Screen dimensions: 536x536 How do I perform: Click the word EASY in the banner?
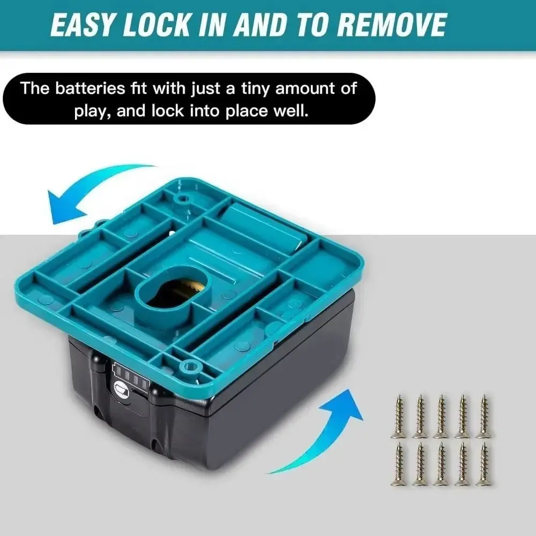point(83,25)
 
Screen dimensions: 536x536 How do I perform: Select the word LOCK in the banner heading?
point(157,25)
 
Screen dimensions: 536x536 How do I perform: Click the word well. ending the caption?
point(292,111)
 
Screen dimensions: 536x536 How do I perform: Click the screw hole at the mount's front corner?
point(191,366)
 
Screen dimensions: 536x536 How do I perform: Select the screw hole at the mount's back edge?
point(183,198)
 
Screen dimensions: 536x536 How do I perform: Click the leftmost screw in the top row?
point(399,416)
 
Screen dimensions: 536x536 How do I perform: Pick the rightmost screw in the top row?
point(483,416)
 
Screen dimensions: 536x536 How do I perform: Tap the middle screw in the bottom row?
point(441,464)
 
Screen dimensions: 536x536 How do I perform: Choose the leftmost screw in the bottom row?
point(399,464)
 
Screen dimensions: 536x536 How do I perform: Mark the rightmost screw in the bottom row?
point(483,464)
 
